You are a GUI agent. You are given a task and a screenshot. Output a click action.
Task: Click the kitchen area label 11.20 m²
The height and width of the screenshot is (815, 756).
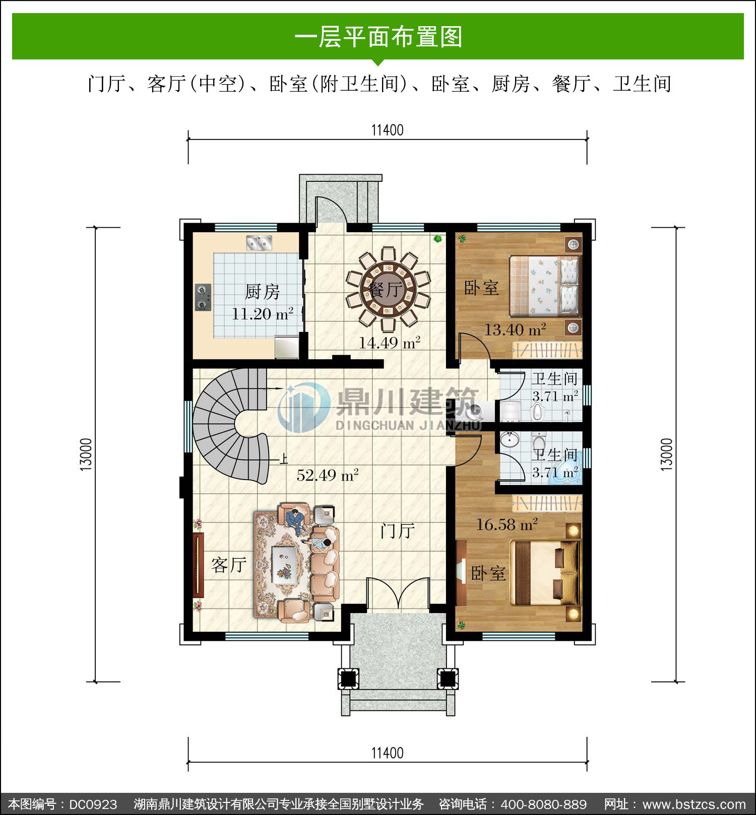coord(263,314)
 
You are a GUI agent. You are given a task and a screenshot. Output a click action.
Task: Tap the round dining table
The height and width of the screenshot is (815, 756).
coord(388,289)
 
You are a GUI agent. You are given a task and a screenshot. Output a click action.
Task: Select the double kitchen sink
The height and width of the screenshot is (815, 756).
coord(259,243)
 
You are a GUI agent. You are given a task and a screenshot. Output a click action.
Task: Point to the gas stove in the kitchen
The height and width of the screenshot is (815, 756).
coord(203,297)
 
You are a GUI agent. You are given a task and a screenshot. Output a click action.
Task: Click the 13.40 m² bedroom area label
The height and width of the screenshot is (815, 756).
coord(515,330)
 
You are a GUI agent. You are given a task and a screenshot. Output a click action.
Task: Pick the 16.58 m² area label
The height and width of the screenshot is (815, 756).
coord(507,525)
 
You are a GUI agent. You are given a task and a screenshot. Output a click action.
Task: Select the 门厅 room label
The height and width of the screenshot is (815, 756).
coord(398,530)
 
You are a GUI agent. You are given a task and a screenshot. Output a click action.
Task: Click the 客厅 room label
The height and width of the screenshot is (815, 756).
coord(229,565)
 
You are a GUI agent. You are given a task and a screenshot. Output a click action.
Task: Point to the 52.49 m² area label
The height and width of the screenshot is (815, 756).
coord(328,475)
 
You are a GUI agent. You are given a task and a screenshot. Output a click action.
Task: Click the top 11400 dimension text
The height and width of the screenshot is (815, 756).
coord(388,130)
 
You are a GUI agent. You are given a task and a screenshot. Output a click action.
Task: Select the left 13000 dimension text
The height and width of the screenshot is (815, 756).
coord(87,454)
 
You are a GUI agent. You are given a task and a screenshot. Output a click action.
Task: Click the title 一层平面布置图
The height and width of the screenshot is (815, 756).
coord(378,37)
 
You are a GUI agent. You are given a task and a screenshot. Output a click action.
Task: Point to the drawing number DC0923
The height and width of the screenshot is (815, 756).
coord(93,804)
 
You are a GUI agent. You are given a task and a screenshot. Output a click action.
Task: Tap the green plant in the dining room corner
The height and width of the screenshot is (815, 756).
coord(438,238)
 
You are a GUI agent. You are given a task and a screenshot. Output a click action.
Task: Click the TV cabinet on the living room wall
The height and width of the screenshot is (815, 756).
coord(198,565)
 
